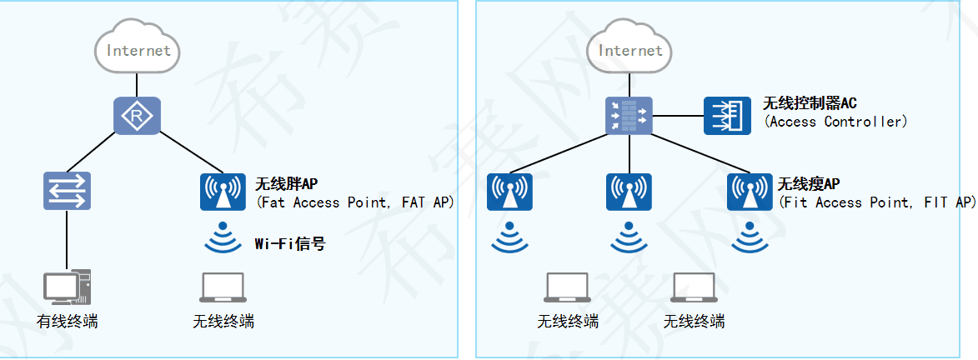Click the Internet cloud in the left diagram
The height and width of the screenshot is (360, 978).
pos(138,50)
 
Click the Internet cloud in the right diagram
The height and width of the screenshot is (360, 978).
pos(629,50)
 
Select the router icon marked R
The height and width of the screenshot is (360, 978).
pos(137,116)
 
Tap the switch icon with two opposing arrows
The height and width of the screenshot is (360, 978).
pos(67,190)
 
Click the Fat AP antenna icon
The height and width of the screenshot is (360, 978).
pos(223,191)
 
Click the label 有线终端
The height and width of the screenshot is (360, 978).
pos(67,321)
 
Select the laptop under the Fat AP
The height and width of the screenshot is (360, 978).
pos(223,287)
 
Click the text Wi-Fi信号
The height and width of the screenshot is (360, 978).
pos(289,243)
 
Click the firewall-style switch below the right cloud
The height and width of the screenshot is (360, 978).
pos(629,116)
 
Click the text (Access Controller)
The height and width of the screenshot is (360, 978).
pos(835,122)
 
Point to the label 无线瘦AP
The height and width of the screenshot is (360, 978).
pos(809,184)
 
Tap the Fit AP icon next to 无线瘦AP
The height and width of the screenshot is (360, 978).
pos(750,191)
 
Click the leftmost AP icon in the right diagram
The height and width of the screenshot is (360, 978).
pos(509,191)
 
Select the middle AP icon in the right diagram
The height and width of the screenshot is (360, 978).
pos(629,191)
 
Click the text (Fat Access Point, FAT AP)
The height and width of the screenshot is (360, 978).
pos(355,202)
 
